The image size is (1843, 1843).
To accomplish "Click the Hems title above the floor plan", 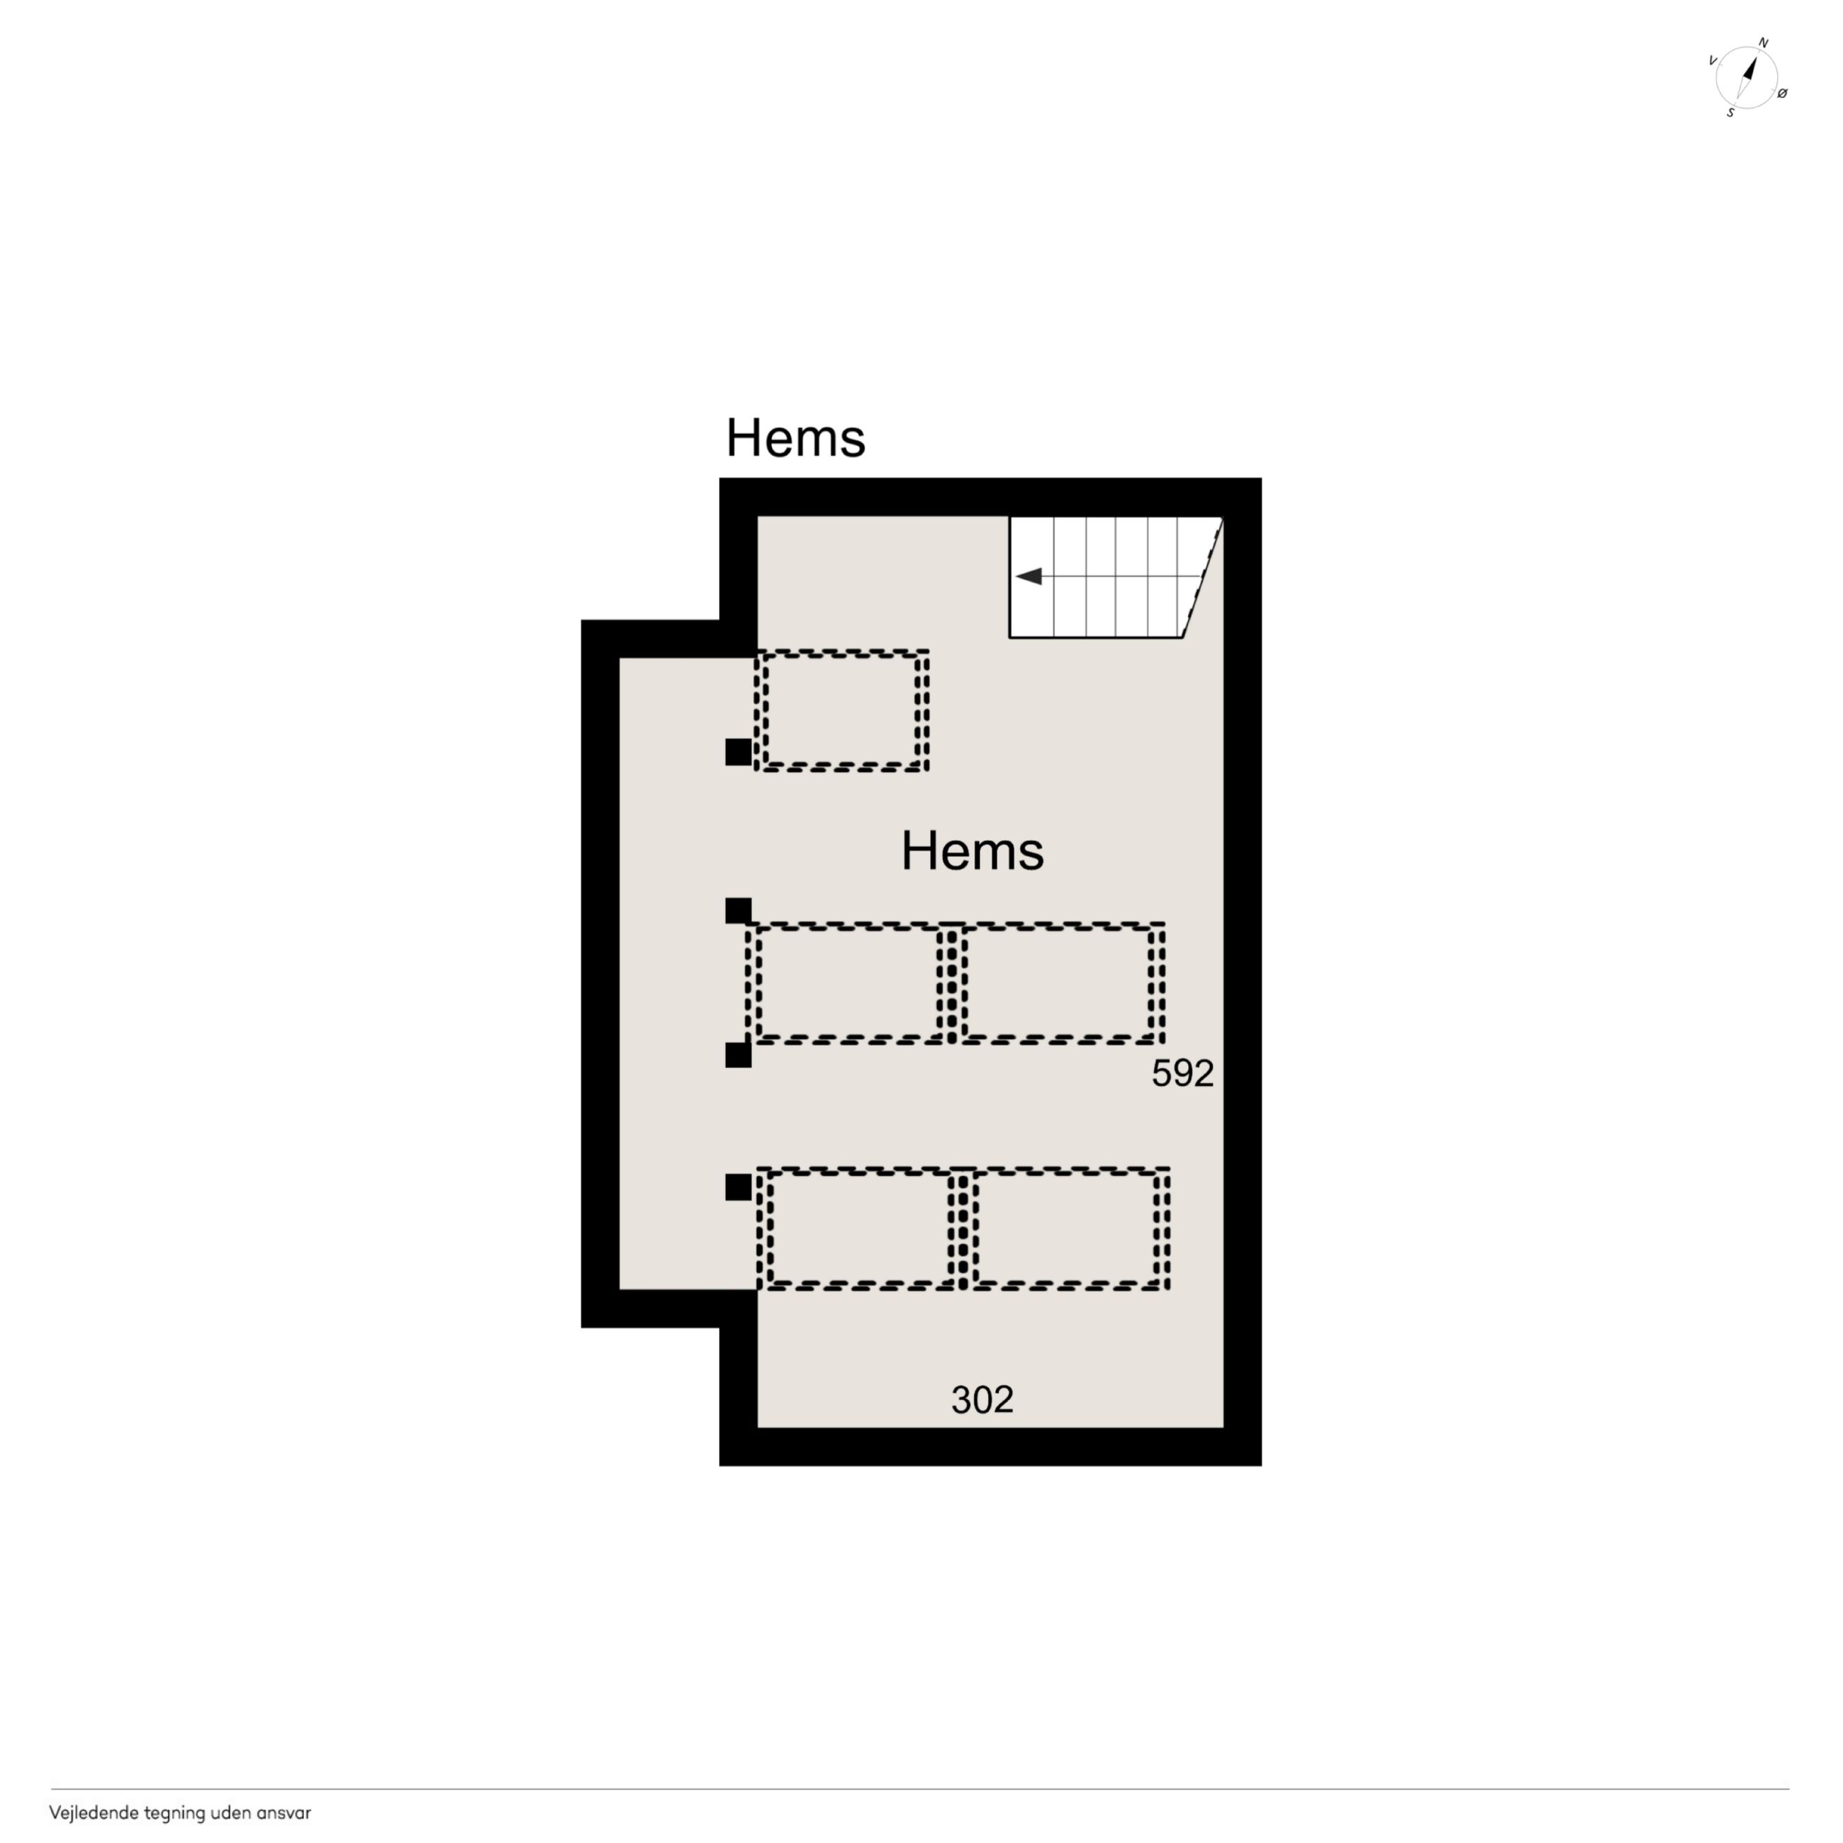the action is (x=795, y=438).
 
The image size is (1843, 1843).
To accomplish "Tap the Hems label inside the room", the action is (x=972, y=851).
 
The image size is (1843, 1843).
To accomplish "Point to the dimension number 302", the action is (x=982, y=1401).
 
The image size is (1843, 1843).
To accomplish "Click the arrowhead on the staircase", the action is (x=1029, y=576).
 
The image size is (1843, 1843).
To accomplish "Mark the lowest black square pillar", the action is (x=739, y=1187).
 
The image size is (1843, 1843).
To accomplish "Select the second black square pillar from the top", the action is (x=739, y=911).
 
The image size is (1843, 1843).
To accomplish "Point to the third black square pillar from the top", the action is (x=739, y=1055).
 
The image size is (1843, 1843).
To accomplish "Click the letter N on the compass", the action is (x=1763, y=44).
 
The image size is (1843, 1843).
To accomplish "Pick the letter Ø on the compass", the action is (x=1782, y=94).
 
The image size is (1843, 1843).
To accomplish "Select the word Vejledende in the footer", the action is (x=94, y=1813).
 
